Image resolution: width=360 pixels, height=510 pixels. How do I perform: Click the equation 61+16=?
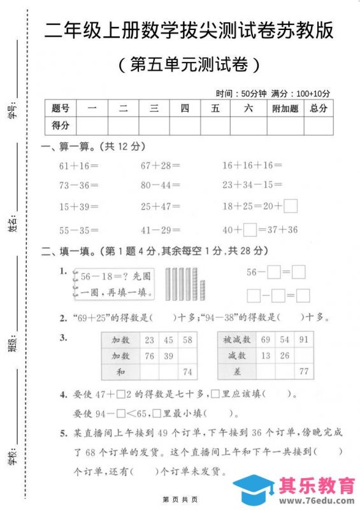(x=78, y=165)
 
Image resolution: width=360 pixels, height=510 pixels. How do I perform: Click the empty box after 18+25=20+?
(x=291, y=206)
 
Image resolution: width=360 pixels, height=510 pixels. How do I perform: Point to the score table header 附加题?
(x=285, y=108)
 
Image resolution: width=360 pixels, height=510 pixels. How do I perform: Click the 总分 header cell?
(x=319, y=108)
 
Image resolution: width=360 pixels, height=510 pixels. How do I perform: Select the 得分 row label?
(x=61, y=126)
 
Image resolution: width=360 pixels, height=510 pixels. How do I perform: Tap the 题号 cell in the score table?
(x=61, y=108)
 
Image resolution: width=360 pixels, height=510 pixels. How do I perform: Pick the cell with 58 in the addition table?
(x=187, y=340)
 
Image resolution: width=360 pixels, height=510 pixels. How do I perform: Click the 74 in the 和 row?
(x=187, y=372)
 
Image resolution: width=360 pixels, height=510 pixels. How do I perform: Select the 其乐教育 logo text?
(x=317, y=486)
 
